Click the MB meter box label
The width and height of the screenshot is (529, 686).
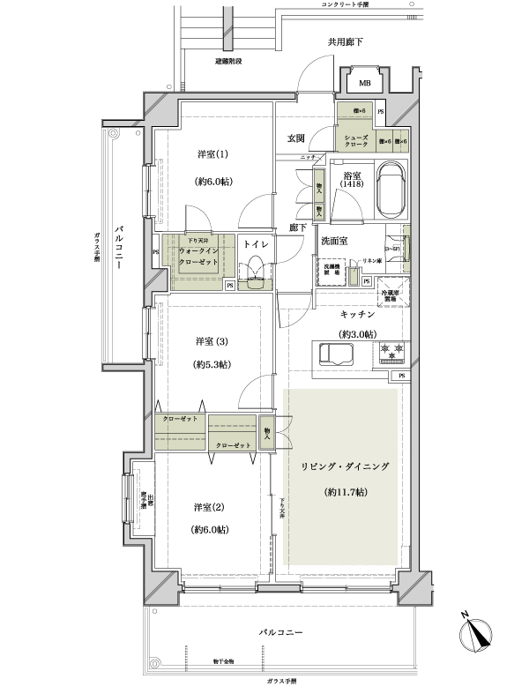pyautogui.click(x=363, y=84)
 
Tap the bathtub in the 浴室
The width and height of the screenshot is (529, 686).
pyautogui.click(x=389, y=192)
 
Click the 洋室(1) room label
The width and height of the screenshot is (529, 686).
pyautogui.click(x=212, y=155)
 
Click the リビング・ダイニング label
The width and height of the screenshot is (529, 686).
pyautogui.click(x=344, y=464)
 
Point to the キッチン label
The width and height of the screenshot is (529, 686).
pyautogui.click(x=358, y=314)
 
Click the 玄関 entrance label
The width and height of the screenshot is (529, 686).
pyautogui.click(x=295, y=138)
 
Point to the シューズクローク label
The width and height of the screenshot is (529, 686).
pyautogui.click(x=356, y=142)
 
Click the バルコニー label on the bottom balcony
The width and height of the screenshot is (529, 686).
pyautogui.click(x=281, y=633)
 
